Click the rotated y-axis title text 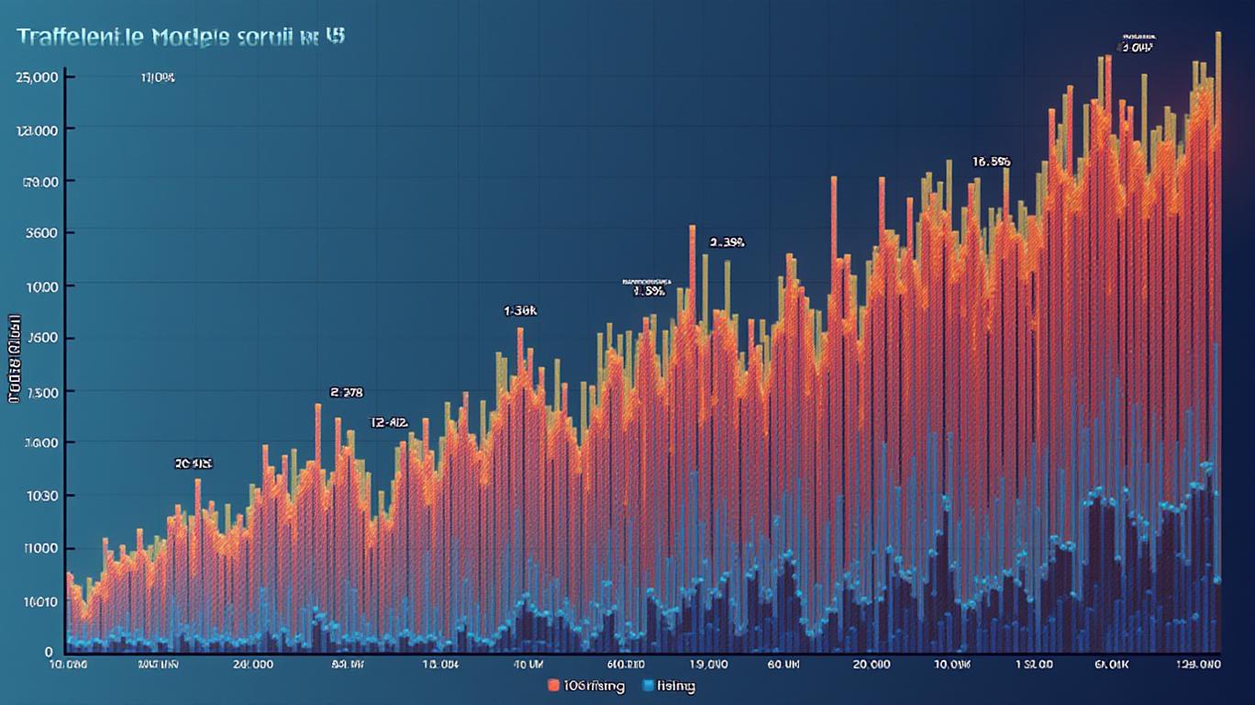[15, 359]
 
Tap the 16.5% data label [991, 162]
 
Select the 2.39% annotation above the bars [727, 243]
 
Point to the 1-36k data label [520, 311]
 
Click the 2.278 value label [346, 392]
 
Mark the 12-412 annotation [388, 423]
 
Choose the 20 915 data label [193, 464]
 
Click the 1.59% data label [649, 292]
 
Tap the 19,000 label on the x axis [708, 664]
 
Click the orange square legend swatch [553, 686]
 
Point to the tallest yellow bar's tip [1218, 34]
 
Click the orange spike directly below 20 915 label [197, 483]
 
